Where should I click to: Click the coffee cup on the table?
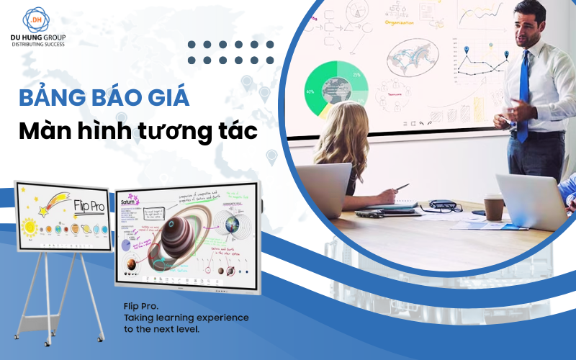click(x=494, y=207)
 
